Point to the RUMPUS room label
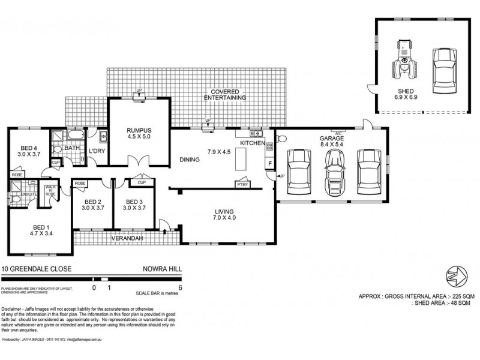click(x=138, y=133)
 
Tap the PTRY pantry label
click(x=243, y=185)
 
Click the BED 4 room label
click(x=29, y=152)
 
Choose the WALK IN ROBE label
click(x=50, y=192)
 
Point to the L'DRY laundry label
click(x=97, y=151)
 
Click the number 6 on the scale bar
click(x=181, y=287)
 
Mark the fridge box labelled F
click(x=269, y=163)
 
